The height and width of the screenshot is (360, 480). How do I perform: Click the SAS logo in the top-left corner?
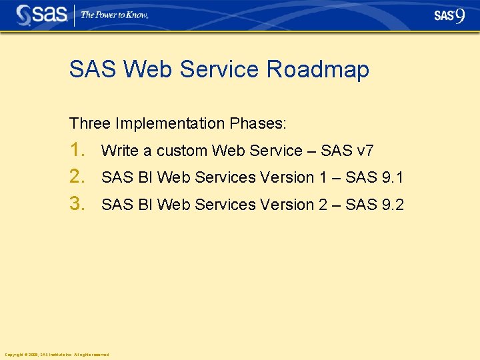(x=41, y=15)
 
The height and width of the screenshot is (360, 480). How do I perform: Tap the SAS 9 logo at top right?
(x=449, y=15)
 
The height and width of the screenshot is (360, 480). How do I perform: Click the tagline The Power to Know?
(x=114, y=15)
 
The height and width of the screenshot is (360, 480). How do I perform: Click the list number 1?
(x=77, y=150)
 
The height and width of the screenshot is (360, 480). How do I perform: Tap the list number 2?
(x=78, y=177)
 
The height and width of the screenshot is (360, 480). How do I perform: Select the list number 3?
(x=78, y=204)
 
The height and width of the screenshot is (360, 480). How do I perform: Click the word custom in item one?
(x=182, y=151)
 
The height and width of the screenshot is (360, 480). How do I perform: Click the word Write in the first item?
(x=119, y=151)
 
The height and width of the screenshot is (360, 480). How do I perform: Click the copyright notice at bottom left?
(x=56, y=355)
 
